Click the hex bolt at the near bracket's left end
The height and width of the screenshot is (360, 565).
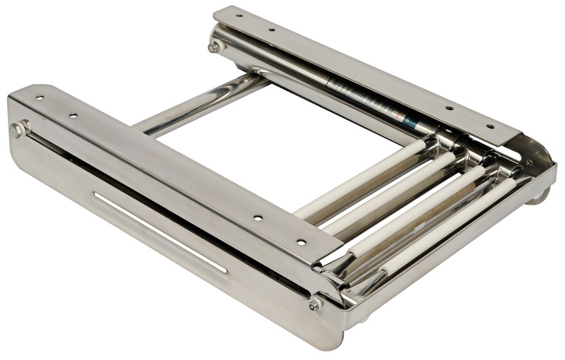pos(19,129)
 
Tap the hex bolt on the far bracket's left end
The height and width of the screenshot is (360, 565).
pos(215,47)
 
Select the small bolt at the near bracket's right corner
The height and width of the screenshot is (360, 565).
pos(315,304)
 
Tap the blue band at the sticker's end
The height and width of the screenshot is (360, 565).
pos(410,122)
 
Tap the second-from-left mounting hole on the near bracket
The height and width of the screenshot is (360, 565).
pos(73,114)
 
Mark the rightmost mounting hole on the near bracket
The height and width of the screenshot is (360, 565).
pos(302,241)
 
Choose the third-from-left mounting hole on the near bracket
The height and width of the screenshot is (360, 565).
pos(258,217)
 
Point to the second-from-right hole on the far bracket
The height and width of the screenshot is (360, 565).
pos(448,109)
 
